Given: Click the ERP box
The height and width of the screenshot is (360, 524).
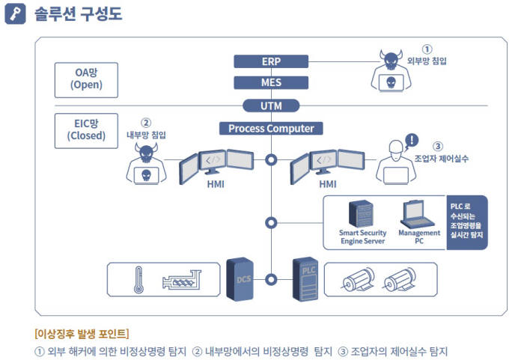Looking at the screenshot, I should [x=270, y=61].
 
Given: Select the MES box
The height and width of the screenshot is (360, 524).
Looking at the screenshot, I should [x=270, y=82].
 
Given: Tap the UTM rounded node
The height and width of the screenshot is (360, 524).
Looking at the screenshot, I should [x=270, y=106].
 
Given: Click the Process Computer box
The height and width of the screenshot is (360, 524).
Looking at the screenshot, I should [x=270, y=129].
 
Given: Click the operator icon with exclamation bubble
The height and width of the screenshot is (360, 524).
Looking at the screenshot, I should [x=396, y=161].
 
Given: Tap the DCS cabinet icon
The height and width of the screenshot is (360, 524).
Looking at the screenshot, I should [x=240, y=279].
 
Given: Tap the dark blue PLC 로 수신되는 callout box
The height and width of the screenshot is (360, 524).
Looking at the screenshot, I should [x=466, y=222].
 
